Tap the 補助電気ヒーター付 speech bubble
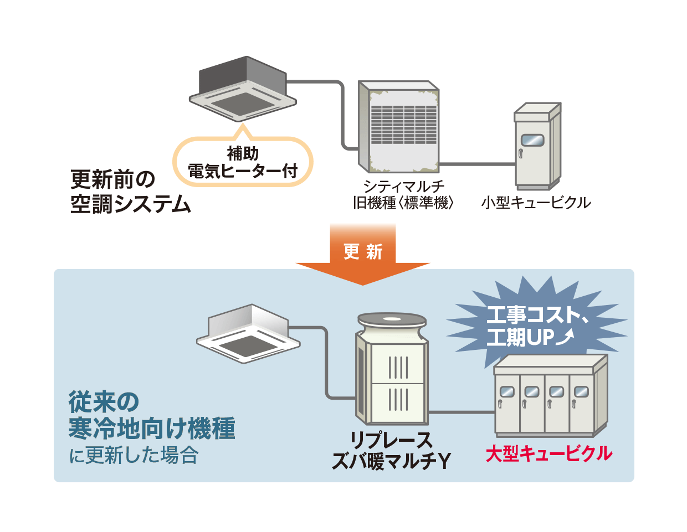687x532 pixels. click(243, 162)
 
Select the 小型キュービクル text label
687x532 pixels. click(536, 203)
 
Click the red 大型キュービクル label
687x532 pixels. click(548, 454)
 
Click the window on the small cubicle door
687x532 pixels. click(532, 140)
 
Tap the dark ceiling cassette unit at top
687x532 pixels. click(243, 89)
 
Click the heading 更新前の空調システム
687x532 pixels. click(130, 192)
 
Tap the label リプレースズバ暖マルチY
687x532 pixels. click(391, 451)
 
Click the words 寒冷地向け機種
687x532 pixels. click(152, 428)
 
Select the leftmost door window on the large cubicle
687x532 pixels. click(506, 392)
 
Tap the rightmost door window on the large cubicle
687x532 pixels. click(581, 392)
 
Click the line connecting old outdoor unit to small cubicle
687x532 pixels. click(476, 164)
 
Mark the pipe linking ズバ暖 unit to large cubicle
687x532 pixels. click(461, 412)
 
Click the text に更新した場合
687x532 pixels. click(134, 456)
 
